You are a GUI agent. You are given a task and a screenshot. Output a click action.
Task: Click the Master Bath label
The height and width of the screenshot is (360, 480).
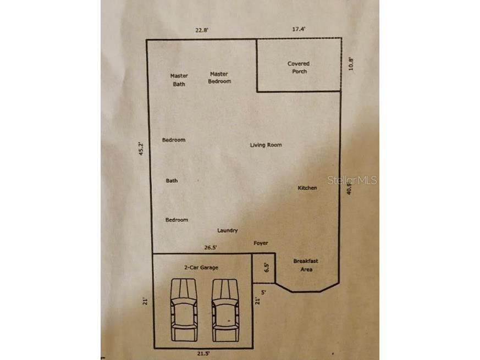click(179, 80)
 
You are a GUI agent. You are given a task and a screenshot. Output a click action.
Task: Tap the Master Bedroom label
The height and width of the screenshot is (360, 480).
click(219, 77)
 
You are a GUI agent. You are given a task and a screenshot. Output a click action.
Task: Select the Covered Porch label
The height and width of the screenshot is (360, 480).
click(299, 68)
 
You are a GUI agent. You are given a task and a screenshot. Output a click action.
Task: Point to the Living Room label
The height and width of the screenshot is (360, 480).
click(266, 145)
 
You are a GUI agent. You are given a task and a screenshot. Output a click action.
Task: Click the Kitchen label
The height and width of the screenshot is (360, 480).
click(307, 188)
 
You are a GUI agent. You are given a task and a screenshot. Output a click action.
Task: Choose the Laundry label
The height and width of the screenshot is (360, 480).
click(228, 231)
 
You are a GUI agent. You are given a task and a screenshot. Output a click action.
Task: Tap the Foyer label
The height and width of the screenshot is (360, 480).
click(261, 243)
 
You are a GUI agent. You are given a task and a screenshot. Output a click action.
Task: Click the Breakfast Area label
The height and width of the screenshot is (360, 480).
click(305, 265)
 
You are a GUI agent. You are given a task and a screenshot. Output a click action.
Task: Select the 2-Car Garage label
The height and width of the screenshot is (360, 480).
click(201, 268)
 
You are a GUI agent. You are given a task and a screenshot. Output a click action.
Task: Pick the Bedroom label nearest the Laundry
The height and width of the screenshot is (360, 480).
click(176, 220)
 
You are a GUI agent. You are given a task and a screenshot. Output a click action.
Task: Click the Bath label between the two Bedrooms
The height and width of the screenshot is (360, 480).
click(172, 181)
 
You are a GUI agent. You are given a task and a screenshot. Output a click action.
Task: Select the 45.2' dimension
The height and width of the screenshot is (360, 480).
click(141, 149)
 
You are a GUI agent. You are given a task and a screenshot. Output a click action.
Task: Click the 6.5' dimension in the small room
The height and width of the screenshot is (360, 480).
click(267, 268)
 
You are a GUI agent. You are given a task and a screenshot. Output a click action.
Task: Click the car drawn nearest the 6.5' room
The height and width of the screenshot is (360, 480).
click(225, 309)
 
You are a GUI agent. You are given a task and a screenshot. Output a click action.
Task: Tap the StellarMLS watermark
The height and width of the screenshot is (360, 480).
click(352, 180)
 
